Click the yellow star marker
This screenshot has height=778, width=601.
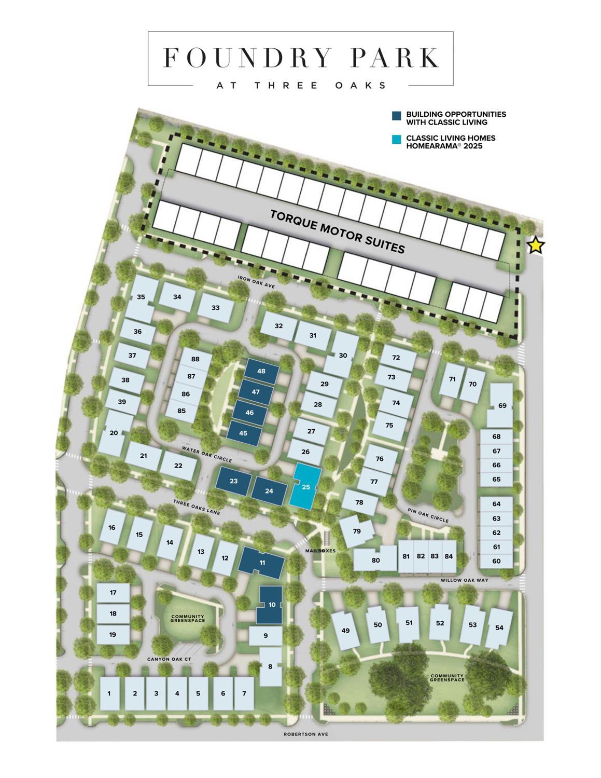[x=536, y=245]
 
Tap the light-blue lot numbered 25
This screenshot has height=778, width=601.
[x=306, y=487]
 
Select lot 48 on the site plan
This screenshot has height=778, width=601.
[x=261, y=371]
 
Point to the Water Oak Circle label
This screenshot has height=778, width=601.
[x=207, y=453]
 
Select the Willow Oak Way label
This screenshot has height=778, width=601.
[x=465, y=580]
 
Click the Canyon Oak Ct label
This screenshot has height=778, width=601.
[x=170, y=659]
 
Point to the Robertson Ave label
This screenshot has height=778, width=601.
[x=306, y=734]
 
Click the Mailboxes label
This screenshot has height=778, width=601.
[x=320, y=551]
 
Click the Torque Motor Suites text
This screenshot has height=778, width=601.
[x=338, y=231]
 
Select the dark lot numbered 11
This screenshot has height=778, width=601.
[x=262, y=563]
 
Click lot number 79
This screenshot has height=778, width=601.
[x=357, y=531]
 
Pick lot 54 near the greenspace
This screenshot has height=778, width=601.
[x=499, y=627]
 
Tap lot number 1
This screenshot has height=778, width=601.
[x=109, y=693]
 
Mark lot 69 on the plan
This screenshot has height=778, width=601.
[x=502, y=405]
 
